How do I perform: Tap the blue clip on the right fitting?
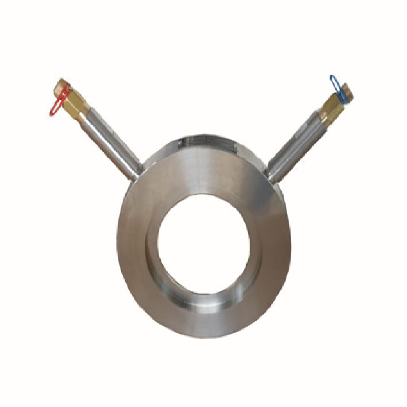tap(338, 87)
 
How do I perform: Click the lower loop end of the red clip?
tap(53, 112)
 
